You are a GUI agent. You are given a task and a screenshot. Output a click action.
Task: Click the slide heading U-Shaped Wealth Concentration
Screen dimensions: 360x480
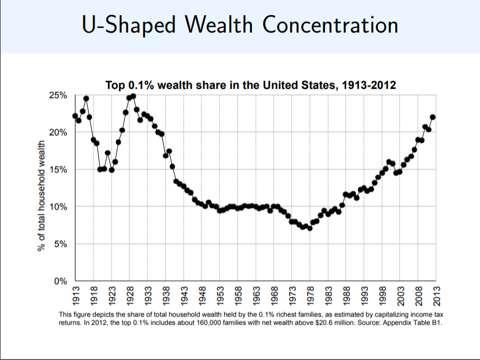click(240, 26)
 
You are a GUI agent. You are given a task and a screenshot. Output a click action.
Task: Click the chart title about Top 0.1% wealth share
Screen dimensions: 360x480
click(251, 85)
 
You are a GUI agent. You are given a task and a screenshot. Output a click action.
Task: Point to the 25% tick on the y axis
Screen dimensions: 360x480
click(57, 95)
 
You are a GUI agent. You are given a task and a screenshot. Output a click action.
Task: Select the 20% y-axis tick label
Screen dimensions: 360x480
click(57, 132)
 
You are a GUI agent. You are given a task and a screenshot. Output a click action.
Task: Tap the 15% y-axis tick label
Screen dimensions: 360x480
click(57, 170)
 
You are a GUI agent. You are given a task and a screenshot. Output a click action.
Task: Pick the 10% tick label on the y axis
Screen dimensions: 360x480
click(57, 207)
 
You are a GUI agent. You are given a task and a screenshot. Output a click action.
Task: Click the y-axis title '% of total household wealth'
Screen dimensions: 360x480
click(42, 195)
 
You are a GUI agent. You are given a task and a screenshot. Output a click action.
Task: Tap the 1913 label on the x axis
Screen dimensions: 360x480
click(75, 297)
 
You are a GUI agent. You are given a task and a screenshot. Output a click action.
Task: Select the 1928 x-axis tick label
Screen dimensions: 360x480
click(129, 297)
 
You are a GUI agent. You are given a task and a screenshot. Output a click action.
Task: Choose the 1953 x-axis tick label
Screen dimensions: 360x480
click(219, 297)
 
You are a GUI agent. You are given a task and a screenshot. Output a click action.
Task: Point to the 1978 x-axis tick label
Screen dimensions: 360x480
click(310, 297)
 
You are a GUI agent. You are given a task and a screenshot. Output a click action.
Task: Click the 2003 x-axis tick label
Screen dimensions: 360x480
click(400, 297)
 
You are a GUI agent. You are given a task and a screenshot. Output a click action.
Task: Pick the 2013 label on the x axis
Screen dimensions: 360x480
click(436, 297)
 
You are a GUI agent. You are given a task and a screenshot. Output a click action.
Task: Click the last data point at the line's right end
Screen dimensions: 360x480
click(432, 117)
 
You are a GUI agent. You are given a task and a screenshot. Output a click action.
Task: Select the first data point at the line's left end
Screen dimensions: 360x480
click(75, 116)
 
